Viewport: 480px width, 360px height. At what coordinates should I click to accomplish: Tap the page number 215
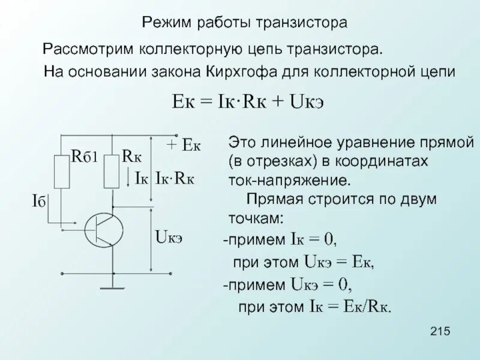pos(441,332)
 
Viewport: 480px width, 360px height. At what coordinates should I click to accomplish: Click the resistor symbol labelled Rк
pos(112,170)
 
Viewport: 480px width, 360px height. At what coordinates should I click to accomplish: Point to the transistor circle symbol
pos(104,228)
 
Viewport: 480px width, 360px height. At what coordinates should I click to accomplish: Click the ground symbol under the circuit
pos(112,286)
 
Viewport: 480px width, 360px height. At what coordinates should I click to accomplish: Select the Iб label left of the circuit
pos(40,200)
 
